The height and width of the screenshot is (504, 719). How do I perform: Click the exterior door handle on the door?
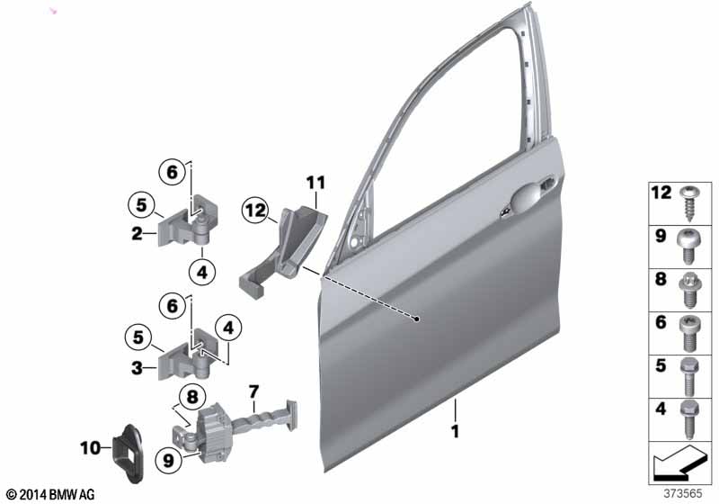pos(528,196)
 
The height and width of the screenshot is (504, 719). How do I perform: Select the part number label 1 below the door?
pos(455,431)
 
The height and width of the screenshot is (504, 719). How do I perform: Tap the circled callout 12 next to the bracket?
pos(255,211)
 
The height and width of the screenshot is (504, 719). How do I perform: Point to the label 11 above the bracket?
pos(316,183)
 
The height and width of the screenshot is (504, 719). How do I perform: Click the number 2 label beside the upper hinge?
pos(137,234)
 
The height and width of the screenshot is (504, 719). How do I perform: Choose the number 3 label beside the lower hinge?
pos(137,368)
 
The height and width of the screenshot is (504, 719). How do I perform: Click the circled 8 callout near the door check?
pos(192,397)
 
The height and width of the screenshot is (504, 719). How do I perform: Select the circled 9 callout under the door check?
pos(169,460)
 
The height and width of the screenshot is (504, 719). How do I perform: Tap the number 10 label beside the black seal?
pos(91,448)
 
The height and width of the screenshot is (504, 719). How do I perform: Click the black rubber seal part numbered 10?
pos(129,454)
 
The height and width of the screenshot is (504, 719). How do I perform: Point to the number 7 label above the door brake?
pos(253,392)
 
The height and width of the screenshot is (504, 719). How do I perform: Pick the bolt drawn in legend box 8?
pos(687,290)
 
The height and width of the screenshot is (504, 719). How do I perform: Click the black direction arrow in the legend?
pos(678,463)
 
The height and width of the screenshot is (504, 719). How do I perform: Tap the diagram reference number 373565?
pos(683,494)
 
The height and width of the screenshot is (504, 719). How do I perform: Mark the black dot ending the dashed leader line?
pos(416,319)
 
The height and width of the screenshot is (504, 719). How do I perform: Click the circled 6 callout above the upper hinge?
pos(172,172)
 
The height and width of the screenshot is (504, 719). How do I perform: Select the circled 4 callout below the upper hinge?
pos(201,273)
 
